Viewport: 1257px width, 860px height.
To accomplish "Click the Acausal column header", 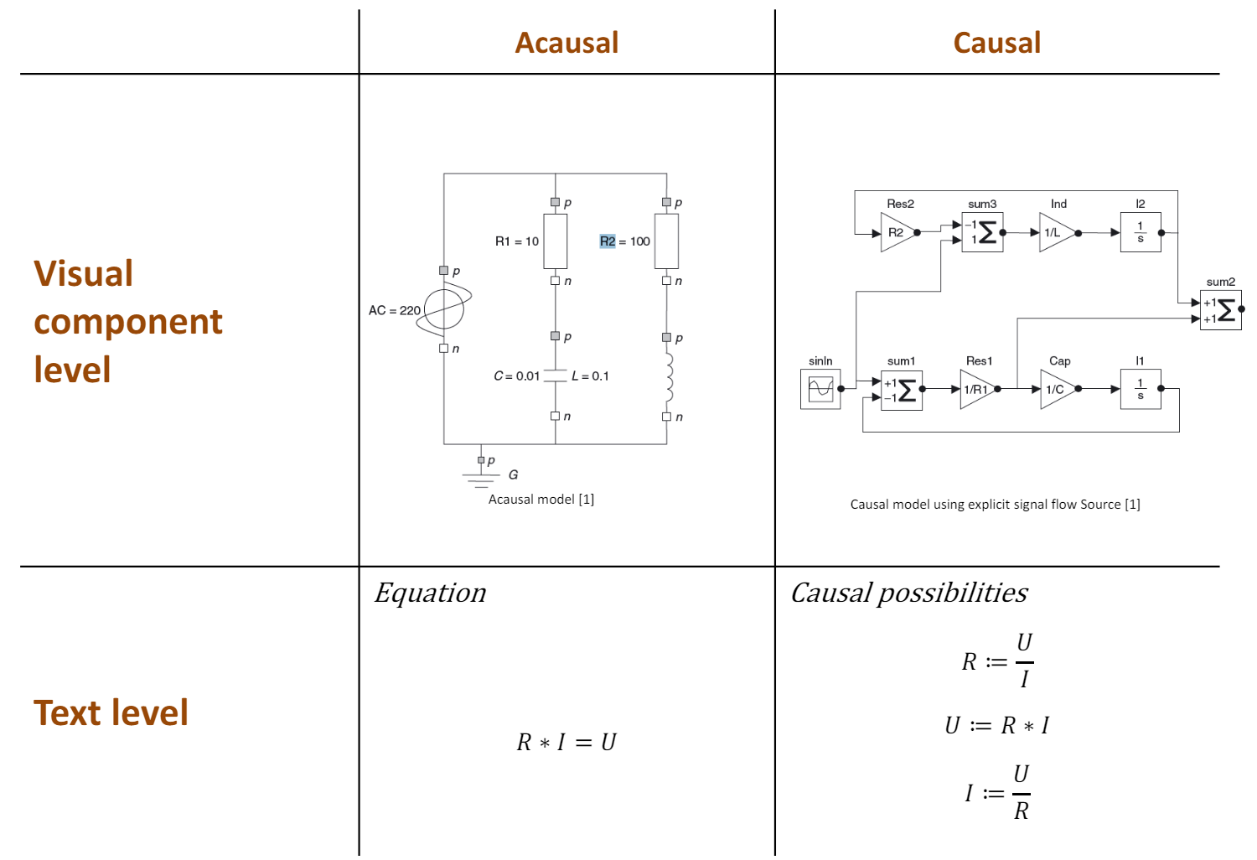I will [566, 43].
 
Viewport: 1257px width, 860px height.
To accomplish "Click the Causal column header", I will [996, 43].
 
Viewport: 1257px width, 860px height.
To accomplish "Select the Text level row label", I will [111, 712].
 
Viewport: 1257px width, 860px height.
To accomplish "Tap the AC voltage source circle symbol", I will [444, 309].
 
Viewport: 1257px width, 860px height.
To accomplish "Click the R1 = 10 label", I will [516, 241].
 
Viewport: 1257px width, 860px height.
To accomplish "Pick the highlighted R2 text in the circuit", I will [608, 241].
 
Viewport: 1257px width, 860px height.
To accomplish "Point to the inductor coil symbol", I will [669, 377].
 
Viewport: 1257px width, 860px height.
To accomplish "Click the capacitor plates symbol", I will [555, 376].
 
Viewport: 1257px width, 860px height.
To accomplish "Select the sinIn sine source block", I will [820, 389].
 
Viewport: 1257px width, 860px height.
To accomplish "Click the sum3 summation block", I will [982, 232].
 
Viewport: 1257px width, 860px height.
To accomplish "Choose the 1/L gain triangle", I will [1055, 232].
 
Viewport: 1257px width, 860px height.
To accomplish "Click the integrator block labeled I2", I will [1141, 232].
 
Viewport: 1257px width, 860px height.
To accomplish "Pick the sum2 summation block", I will [1220, 310].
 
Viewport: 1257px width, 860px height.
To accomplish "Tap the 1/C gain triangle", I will [1057, 389].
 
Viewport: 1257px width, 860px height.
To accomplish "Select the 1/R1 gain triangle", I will [976, 389].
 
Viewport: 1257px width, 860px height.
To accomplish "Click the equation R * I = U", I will [566, 743].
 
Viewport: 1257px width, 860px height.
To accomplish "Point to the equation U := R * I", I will [996, 725].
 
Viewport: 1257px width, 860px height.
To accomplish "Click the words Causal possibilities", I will [909, 593].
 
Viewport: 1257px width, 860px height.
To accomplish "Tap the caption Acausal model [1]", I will [541, 500].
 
